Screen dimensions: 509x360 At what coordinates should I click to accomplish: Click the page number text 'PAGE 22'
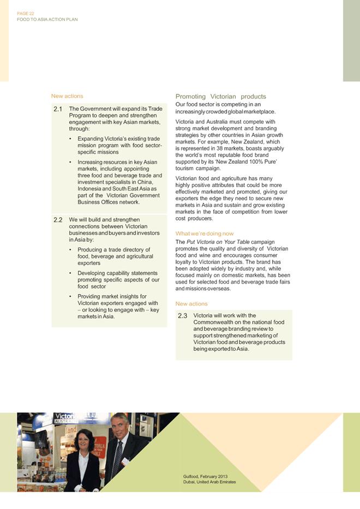(25, 13)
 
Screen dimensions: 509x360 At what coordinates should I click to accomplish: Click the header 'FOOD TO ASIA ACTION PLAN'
(47, 19)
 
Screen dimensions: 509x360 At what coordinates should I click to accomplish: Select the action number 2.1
(58, 109)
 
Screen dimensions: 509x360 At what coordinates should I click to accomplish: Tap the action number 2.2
(58, 220)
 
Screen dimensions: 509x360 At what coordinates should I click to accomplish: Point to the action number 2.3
(182, 315)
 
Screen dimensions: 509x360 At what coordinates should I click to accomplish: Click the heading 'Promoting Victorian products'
(220, 97)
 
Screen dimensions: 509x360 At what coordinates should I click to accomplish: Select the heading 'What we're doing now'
(205, 233)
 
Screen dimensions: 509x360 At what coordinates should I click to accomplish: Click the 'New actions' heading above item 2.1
(67, 96)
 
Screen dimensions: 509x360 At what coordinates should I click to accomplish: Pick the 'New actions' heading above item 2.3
(191, 303)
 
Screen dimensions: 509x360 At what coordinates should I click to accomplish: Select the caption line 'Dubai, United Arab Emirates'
(209, 482)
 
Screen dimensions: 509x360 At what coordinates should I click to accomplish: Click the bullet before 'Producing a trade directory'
(71, 250)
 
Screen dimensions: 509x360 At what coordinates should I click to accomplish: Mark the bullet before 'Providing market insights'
(71, 297)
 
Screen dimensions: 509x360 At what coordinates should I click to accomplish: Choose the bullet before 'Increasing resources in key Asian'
(71, 162)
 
